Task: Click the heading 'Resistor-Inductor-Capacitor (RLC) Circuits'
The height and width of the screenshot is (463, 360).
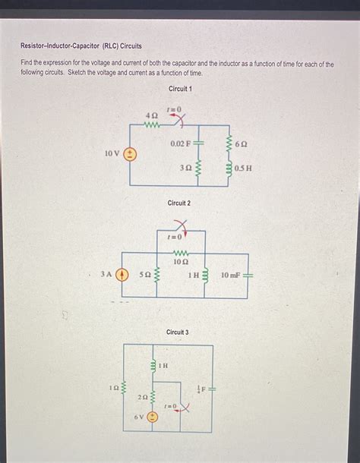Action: [x=81, y=46]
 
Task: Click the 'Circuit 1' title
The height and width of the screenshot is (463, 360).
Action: [x=180, y=89]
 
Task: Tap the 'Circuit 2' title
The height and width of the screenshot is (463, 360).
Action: [x=178, y=203]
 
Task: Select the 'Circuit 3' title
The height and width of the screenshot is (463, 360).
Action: [x=177, y=332]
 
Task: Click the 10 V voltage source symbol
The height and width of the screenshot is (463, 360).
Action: [x=130, y=154]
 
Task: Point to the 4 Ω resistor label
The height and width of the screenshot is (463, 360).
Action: [x=151, y=115]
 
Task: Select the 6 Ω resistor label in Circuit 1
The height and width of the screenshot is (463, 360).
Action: [x=242, y=143]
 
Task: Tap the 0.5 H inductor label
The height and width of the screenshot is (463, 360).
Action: [x=243, y=168]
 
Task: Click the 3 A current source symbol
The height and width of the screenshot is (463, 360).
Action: [x=121, y=275]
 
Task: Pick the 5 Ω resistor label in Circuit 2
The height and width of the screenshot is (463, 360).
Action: [x=145, y=275]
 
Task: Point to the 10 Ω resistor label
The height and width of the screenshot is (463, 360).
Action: [x=181, y=262]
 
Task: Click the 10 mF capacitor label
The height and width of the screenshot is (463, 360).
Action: [x=231, y=275]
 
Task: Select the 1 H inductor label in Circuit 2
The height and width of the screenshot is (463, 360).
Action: [x=194, y=275]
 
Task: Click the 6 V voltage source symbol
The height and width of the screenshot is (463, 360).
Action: [x=153, y=417]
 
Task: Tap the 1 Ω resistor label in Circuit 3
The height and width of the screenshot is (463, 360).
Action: [x=114, y=388]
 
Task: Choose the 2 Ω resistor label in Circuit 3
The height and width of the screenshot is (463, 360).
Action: [x=142, y=397]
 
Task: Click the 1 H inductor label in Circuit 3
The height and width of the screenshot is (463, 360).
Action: [x=163, y=366]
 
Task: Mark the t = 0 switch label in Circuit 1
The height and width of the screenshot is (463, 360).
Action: [x=174, y=110]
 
